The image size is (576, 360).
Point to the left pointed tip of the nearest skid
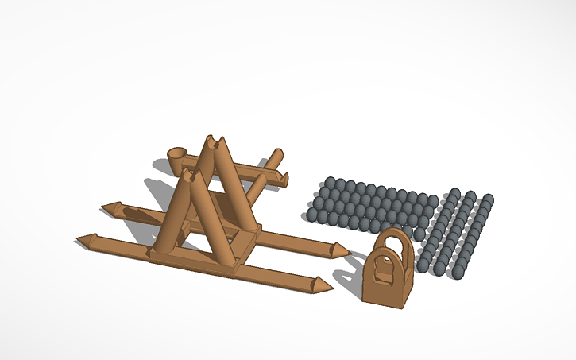point(82,239)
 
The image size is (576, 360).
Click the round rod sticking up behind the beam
point(276,156)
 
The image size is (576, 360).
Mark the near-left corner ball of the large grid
point(311,214)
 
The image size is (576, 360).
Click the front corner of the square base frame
point(235,270)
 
